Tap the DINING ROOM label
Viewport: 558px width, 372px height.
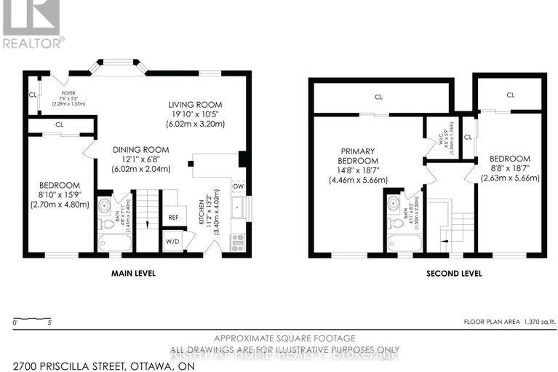(x=140, y=150)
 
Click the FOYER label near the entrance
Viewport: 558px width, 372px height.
(x=68, y=93)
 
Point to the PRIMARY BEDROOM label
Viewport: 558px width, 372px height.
(x=359, y=155)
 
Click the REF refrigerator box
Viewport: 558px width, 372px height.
(x=173, y=216)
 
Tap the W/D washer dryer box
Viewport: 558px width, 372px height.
(x=173, y=241)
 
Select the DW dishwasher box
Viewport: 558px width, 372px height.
(x=238, y=187)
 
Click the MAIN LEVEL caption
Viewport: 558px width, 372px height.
(x=134, y=274)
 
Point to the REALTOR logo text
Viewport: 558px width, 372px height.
(x=33, y=42)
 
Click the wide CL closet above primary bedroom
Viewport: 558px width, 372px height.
(x=378, y=97)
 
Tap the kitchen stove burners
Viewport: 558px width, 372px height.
(x=237, y=242)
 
